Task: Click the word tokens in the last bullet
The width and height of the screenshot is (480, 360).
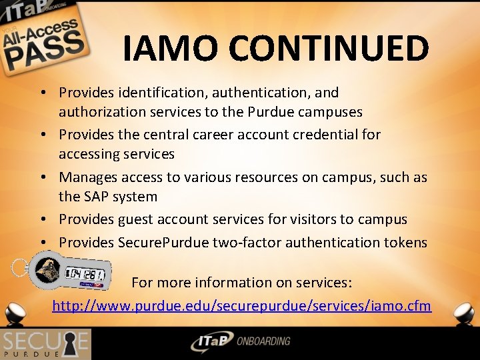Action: click(404, 242)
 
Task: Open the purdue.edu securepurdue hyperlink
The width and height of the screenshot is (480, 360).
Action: click(241, 306)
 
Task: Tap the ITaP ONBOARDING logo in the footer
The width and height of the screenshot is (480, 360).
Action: click(240, 342)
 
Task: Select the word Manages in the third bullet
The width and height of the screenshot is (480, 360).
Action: click(86, 177)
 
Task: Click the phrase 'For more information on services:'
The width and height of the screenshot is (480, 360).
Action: click(241, 283)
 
